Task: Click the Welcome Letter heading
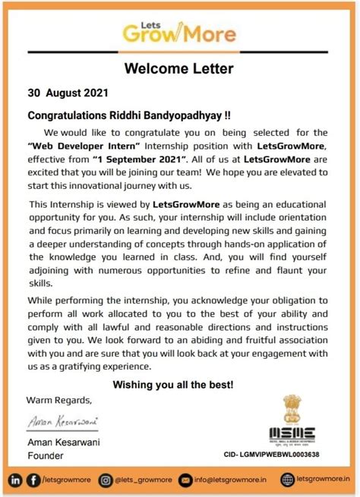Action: pyautogui.click(x=180, y=69)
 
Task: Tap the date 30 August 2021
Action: pyautogui.click(x=68, y=95)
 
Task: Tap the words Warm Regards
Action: pyautogui.click(x=59, y=400)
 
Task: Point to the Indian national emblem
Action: pyautogui.click(x=292, y=410)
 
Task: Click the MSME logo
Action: pyautogui.click(x=292, y=435)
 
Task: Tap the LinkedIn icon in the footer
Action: pyautogui.click(x=15, y=480)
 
